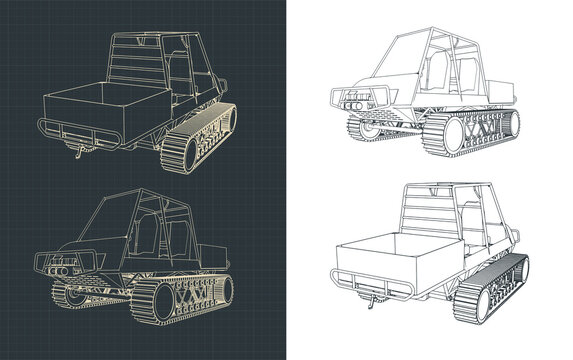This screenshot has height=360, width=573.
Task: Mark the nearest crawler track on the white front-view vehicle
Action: tap(480, 131)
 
